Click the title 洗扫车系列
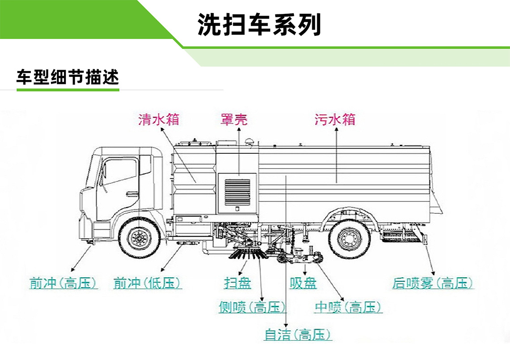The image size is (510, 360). [259, 25]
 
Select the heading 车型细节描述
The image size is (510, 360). [68, 77]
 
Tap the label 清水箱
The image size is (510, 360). [159, 119]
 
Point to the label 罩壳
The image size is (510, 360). [234, 119]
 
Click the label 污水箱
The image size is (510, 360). [335, 119]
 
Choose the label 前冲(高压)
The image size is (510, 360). [63, 283]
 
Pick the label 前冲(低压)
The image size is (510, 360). [148, 283]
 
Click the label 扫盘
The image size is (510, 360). [238, 283]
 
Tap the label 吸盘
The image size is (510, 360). [303, 283]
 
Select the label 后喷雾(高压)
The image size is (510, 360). [433, 283]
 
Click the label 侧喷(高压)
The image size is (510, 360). [252, 307]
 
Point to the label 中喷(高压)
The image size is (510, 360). [348, 307]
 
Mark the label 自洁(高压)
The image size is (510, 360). [297, 335]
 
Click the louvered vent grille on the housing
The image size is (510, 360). [237, 192]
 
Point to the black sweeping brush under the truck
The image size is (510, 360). [246, 254]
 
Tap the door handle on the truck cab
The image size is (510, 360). [132, 194]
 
